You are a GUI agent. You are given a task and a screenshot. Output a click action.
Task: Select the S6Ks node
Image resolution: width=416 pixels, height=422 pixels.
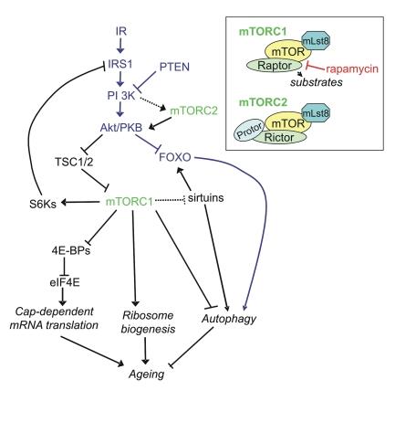(x=40, y=202)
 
